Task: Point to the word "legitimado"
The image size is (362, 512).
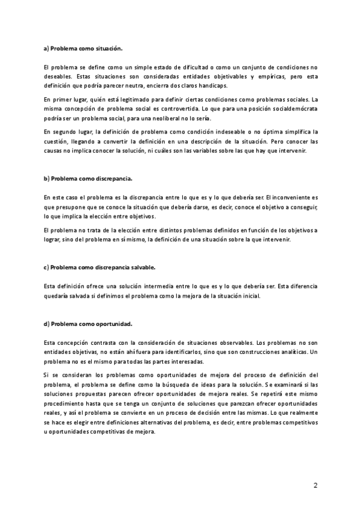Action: [133, 99]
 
